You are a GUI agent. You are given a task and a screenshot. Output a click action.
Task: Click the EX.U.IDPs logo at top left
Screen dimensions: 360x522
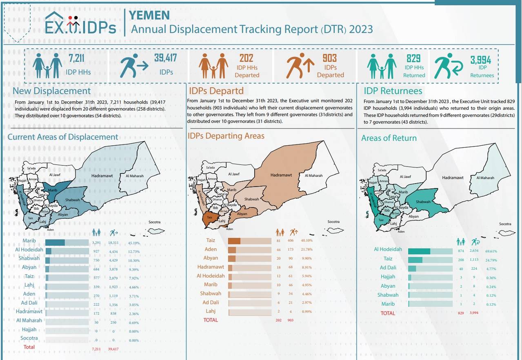[x=80, y=24]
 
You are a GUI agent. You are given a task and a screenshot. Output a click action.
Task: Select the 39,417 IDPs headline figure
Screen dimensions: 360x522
[x=165, y=58]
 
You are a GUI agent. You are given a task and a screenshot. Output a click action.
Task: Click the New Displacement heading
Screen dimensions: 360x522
[x=51, y=91]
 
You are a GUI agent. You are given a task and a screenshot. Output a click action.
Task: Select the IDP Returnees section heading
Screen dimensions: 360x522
[x=393, y=91]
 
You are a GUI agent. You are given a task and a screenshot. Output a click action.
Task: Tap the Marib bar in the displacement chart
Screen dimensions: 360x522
[x=55, y=243]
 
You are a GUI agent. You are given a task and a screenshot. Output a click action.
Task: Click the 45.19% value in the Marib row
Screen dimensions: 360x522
[x=134, y=243]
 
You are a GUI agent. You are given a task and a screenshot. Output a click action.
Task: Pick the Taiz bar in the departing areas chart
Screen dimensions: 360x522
[x=234, y=241]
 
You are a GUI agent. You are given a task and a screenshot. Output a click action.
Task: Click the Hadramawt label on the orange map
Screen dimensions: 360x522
[x=281, y=175]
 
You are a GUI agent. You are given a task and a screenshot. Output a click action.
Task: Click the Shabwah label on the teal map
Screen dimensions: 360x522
[x=423, y=202]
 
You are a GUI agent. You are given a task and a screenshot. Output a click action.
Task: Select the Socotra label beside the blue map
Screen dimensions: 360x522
[x=155, y=222]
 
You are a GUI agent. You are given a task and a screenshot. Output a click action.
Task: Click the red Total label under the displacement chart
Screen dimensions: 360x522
[x=29, y=347]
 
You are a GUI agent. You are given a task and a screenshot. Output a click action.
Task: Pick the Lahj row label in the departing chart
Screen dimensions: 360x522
[x=211, y=311]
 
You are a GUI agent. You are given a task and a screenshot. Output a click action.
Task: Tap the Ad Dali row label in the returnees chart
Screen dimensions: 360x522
[x=388, y=268]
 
